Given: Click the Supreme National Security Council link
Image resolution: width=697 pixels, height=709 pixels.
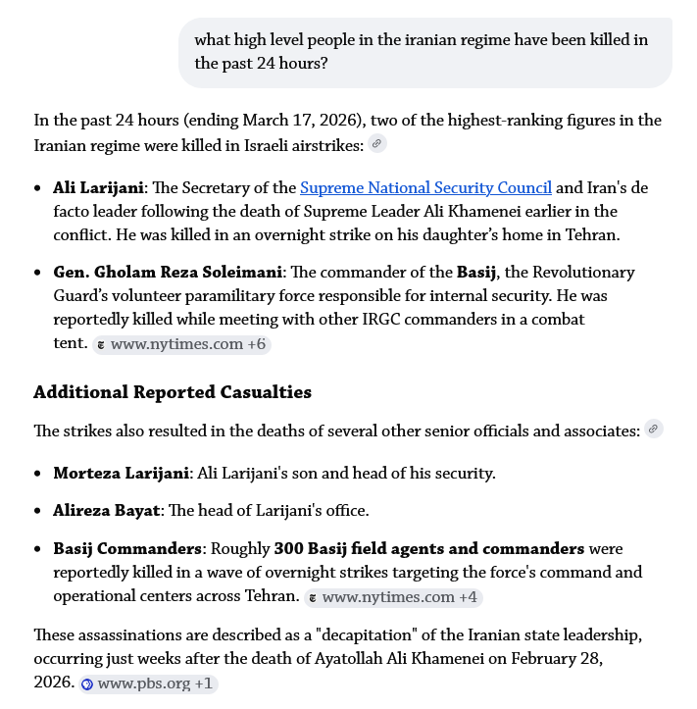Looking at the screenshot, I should pos(425,187).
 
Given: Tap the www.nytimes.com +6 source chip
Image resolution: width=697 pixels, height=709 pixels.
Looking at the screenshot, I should pos(181,344).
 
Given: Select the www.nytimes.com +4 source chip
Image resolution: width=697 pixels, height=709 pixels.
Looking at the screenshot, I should pos(392,597).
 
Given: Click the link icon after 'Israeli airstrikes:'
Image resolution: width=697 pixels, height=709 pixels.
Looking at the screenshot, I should pos(377,144).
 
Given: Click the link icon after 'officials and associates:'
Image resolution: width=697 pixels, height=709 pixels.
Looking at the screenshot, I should pos(654,429).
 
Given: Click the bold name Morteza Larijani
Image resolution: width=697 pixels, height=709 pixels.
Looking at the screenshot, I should pos(121,473).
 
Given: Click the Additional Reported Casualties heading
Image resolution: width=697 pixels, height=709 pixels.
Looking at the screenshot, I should pos(172,392).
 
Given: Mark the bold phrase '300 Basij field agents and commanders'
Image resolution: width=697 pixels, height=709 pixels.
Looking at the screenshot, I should pos(429,548).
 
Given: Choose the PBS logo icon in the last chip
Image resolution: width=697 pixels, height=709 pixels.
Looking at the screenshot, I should pos(87,684).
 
